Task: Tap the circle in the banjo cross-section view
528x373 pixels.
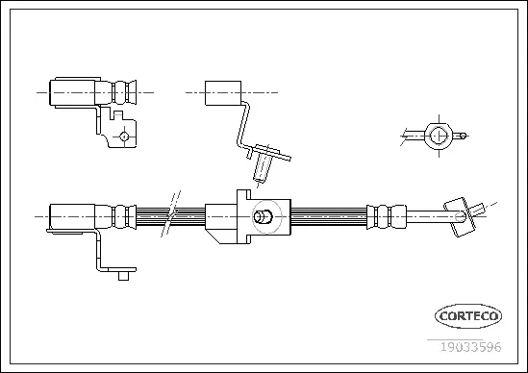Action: [x=438, y=135]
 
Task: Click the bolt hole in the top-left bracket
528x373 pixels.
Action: [x=124, y=137]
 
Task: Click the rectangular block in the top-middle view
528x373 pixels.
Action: [x=222, y=92]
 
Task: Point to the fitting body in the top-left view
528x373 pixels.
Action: [x=73, y=93]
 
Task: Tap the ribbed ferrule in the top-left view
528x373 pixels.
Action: [x=123, y=93]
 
